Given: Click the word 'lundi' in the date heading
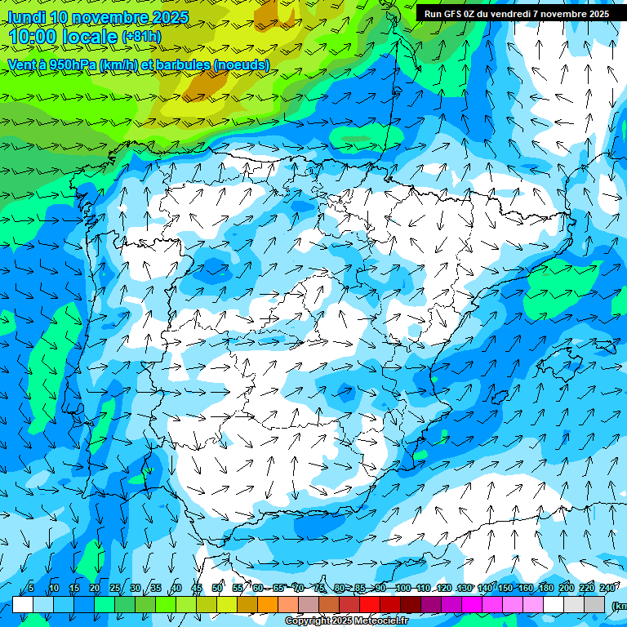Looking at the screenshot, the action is (x=28, y=17).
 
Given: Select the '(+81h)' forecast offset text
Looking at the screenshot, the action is (x=142, y=37).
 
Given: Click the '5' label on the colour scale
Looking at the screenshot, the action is (x=30, y=589).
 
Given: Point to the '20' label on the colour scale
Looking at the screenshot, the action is (x=94, y=589).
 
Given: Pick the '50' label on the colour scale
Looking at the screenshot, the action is (x=216, y=589).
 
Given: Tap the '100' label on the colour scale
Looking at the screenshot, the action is (x=402, y=589).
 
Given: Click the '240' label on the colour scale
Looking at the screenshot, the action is (x=607, y=589).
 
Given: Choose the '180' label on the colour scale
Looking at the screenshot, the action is (x=545, y=589).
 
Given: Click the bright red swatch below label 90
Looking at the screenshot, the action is (x=370, y=604).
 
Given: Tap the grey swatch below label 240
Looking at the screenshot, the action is (x=594, y=604).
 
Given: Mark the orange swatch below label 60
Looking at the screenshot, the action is (x=247, y=604).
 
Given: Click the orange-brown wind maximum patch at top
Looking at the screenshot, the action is (x=209, y=82).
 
